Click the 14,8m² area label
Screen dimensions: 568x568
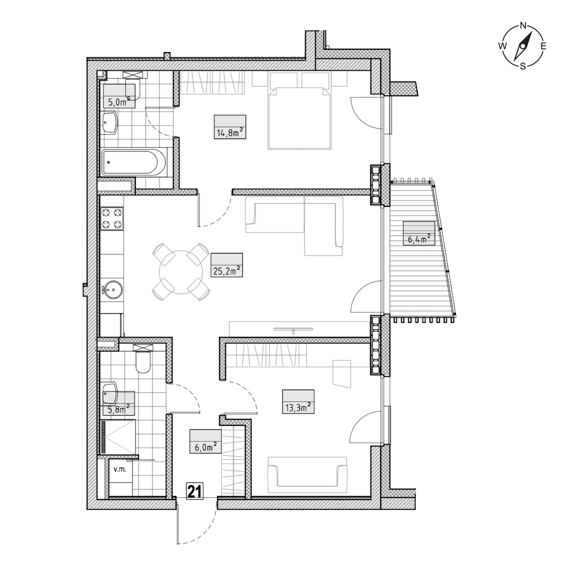(230, 133)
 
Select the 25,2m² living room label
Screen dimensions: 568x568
(226, 271)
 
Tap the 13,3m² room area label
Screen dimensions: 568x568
(298, 408)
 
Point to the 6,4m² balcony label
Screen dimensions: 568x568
(419, 239)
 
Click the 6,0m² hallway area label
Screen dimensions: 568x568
(205, 447)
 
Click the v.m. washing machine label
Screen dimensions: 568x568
(120, 470)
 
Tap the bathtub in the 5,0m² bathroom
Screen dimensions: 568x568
(134, 162)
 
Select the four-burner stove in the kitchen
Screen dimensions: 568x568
(112, 219)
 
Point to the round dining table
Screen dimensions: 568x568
(181, 272)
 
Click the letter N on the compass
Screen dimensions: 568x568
(523, 26)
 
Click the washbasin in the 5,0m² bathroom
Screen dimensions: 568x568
(110, 123)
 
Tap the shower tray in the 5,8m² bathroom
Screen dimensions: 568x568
(118, 437)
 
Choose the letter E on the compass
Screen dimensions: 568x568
(544, 46)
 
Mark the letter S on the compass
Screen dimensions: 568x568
(523, 66)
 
